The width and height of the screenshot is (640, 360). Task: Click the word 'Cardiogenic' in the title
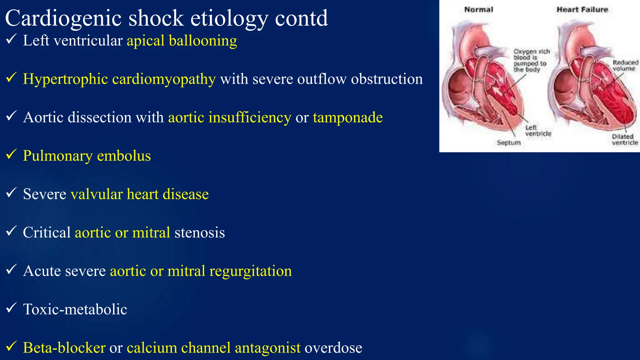(x=63, y=18)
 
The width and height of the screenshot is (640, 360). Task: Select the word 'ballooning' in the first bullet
(x=203, y=41)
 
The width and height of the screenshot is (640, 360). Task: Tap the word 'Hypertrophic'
(x=65, y=79)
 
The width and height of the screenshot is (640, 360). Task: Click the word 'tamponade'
(x=348, y=117)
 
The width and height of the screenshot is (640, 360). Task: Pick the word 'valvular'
(x=97, y=194)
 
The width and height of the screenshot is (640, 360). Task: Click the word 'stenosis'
(x=200, y=233)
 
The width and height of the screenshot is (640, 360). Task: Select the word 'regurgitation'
(x=250, y=271)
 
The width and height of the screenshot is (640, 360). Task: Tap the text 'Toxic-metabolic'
(x=75, y=309)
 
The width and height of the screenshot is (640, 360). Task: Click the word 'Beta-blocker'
(x=64, y=348)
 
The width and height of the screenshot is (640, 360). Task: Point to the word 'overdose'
(x=333, y=348)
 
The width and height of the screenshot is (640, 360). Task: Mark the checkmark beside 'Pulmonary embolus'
(x=11, y=154)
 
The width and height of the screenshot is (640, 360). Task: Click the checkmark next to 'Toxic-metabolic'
(x=11, y=308)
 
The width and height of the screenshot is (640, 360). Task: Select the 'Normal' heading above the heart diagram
(x=478, y=10)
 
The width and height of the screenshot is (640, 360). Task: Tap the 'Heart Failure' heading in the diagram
(x=582, y=10)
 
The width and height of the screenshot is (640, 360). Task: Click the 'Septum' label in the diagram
(x=509, y=143)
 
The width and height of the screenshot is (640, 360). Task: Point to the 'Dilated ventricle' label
(x=624, y=140)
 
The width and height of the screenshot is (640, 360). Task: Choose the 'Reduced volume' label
(x=625, y=66)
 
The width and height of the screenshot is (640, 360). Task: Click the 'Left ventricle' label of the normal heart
(x=538, y=131)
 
